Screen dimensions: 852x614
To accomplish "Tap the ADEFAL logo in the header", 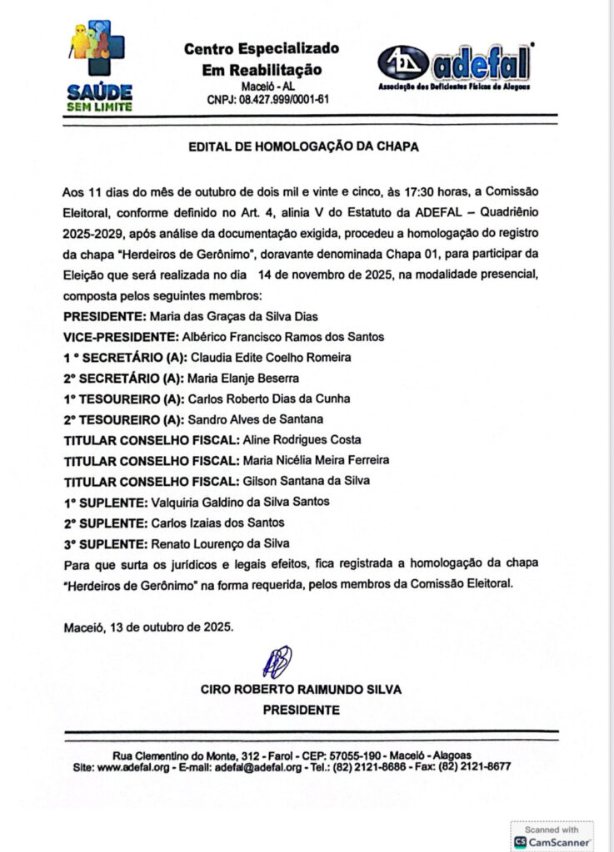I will point(455,66).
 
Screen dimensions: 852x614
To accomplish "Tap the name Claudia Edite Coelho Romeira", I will point(272,357).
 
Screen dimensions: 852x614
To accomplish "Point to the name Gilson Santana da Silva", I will point(307,481).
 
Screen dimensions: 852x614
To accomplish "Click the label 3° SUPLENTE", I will point(104,542).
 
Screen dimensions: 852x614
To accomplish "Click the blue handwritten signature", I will point(277,662).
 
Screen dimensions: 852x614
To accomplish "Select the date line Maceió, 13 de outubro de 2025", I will point(149,626).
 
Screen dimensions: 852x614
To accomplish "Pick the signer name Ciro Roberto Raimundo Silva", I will point(301,689).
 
